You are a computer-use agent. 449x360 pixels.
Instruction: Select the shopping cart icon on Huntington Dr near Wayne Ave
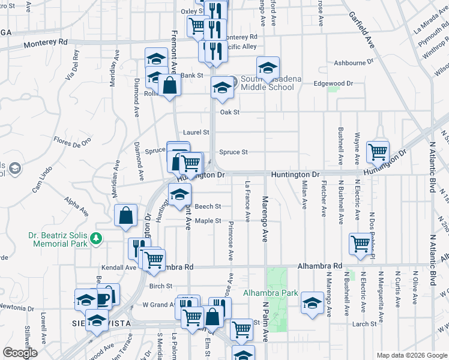click(378, 151)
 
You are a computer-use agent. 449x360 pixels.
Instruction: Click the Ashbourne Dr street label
click(354, 62)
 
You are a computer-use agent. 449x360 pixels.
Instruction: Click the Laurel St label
click(196, 132)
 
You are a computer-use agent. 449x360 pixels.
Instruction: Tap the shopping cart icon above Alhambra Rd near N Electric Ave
click(360, 244)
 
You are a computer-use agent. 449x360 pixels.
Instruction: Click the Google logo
click(20, 353)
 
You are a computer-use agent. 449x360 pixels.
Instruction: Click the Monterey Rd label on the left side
click(46, 43)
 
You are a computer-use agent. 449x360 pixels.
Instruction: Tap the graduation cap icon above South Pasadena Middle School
click(268, 66)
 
